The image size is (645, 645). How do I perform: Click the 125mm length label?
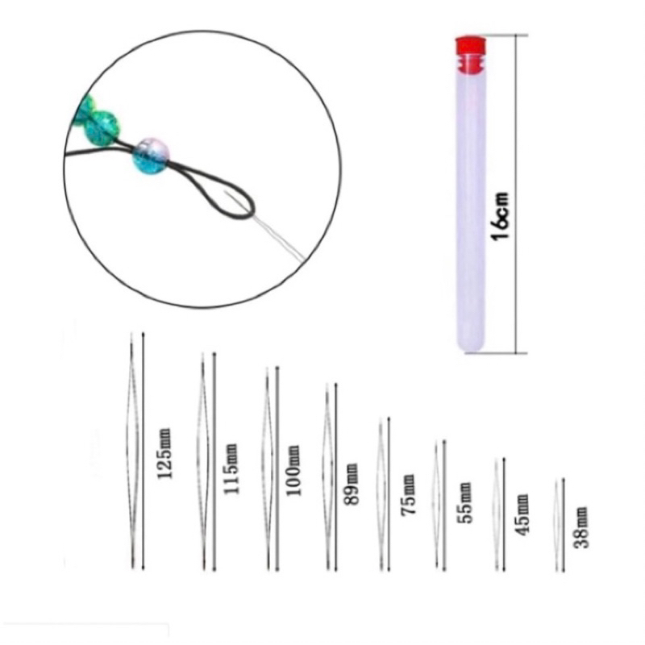pyautogui.click(x=164, y=454)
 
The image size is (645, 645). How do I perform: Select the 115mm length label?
pyautogui.click(x=231, y=469)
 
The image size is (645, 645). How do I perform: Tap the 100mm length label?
pyautogui.click(x=293, y=470)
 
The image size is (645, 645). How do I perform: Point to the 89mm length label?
pyautogui.click(x=351, y=484)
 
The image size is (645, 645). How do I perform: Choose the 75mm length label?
pyautogui.click(x=408, y=494)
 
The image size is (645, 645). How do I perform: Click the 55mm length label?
pyautogui.click(x=464, y=502)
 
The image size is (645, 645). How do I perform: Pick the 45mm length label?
pyautogui.click(x=522, y=515)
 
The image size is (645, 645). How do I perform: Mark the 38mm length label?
pyautogui.click(x=581, y=527)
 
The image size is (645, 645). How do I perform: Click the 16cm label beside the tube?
pyautogui.click(x=501, y=215)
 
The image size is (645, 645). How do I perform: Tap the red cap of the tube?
pyautogui.click(x=470, y=55)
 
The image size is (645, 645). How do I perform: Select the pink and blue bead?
pyautogui.click(x=151, y=156)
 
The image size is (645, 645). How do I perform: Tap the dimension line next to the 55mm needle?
pyautogui.click(x=444, y=506)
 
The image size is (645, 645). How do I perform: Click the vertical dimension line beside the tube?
pyautogui.click(x=516, y=193)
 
